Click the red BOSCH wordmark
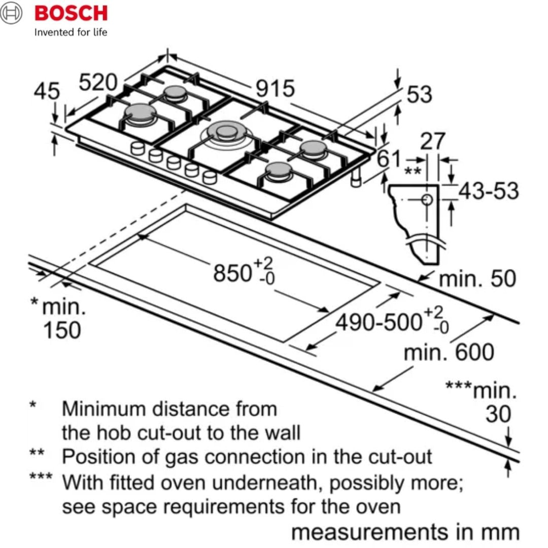tap(71, 13)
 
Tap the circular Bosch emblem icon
tap(12, 14)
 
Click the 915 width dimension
tap(275, 89)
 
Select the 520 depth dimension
tap(98, 82)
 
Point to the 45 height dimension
tap(47, 92)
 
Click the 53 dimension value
tap(419, 95)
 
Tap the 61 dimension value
tap(390, 159)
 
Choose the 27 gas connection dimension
tap(432, 142)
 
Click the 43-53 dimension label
tap(489, 191)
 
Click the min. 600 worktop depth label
tap(449, 352)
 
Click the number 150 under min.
tap(62, 330)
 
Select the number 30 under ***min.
tap(498, 415)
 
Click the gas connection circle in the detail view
tap(427, 199)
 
